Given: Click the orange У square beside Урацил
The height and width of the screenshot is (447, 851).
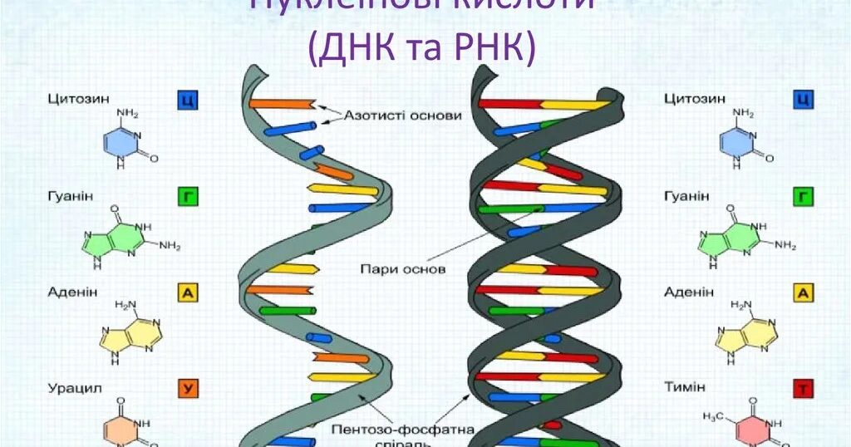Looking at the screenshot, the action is click(x=188, y=387).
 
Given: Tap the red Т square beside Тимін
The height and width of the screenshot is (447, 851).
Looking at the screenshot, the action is click(x=804, y=387).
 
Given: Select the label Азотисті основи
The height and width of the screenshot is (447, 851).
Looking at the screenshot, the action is click(x=403, y=115).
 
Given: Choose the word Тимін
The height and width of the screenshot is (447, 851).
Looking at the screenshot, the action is click(x=685, y=387).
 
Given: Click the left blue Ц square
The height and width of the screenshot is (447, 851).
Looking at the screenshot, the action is click(x=188, y=101).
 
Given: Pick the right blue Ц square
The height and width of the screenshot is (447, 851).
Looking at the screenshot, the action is click(x=804, y=101).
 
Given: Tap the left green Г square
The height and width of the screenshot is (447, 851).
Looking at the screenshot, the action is click(x=188, y=196).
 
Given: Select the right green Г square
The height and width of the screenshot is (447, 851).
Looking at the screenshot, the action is click(x=804, y=196).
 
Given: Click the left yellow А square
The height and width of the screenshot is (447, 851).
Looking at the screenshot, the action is click(x=188, y=292).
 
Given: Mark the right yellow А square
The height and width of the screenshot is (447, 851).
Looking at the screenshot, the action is click(x=804, y=292).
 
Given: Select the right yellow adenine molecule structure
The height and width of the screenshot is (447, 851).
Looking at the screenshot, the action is click(x=744, y=332).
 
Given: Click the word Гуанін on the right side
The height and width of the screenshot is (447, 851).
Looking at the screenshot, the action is click(x=687, y=196).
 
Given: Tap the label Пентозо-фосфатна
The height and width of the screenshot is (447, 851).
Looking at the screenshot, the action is click(x=402, y=430).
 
